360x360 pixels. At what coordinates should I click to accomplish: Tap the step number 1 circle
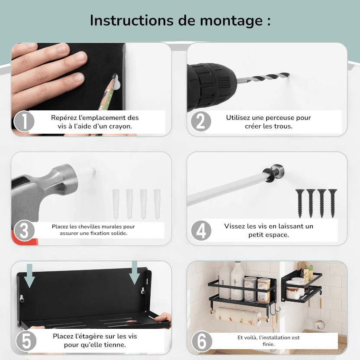coord(24,121)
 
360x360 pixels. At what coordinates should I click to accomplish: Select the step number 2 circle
coord(201,121)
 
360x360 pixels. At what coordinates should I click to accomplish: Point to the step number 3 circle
coord(24,231)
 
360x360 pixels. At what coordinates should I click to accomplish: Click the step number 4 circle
coord(201,231)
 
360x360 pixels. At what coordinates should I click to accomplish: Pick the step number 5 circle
coord(26,341)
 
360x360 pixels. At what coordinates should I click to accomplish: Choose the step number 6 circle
coord(202,341)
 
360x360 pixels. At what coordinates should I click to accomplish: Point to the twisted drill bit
coord(264,77)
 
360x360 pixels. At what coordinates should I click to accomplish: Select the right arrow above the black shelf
coord(135,273)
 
